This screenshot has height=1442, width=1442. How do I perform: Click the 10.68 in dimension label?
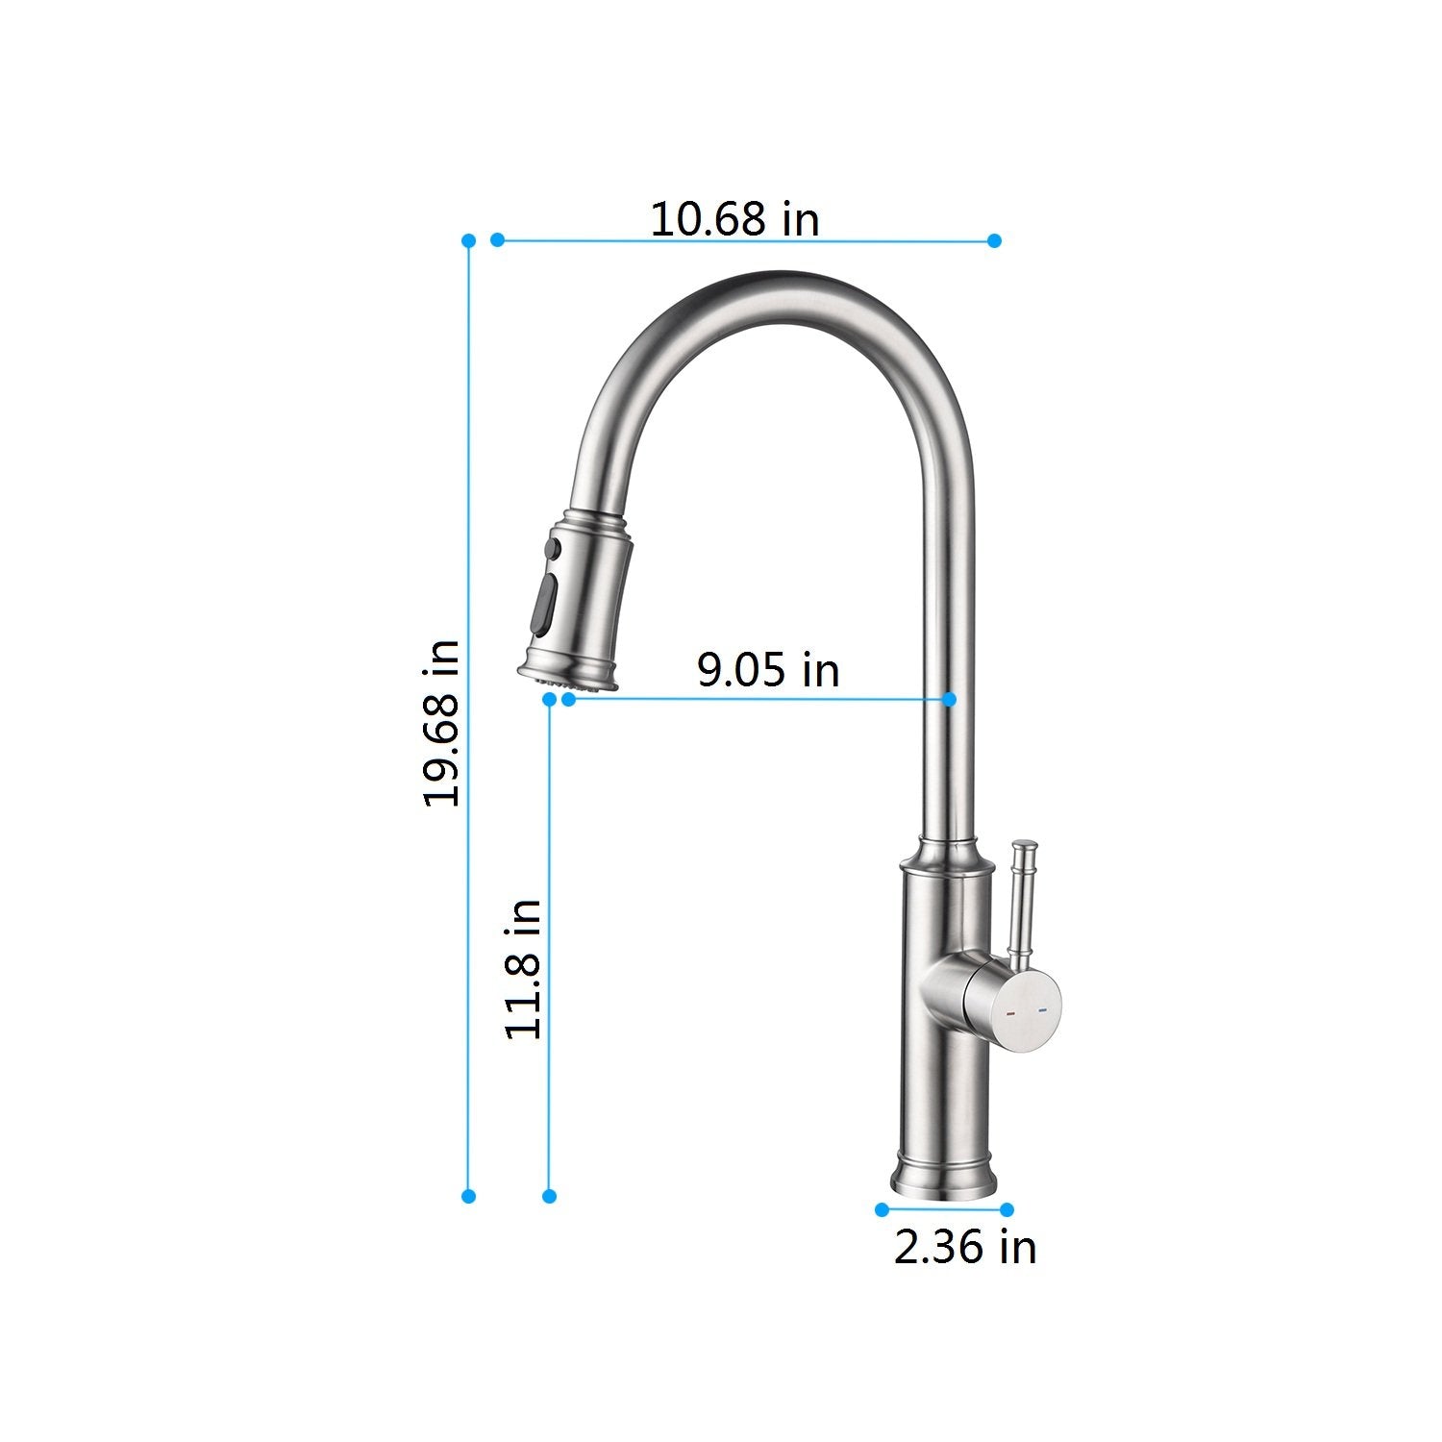pos(735,219)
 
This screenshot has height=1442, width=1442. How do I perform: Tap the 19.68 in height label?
pos(442,723)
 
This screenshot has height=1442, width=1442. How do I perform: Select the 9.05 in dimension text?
pos(768,669)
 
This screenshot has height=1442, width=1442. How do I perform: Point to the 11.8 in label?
pos(524,969)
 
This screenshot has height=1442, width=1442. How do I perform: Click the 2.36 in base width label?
pos(965,1247)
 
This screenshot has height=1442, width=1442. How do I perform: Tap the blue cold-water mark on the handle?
pos(1042,1011)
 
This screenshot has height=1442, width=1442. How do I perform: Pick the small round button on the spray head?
pos(552,549)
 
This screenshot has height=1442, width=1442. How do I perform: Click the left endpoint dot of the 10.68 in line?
pos(497,239)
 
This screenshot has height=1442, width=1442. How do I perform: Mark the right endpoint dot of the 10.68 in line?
pos(995,239)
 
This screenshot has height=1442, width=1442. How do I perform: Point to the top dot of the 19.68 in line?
pos(468,239)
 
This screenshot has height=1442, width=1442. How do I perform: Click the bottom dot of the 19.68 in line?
pos(468,1196)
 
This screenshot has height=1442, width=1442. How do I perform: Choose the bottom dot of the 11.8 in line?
pos(549,1196)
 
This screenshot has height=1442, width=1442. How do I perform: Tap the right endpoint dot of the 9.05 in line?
pos(950,699)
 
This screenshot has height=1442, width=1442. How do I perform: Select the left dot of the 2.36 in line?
pos(882,1209)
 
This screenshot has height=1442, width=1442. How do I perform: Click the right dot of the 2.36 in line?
pos(1007,1209)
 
